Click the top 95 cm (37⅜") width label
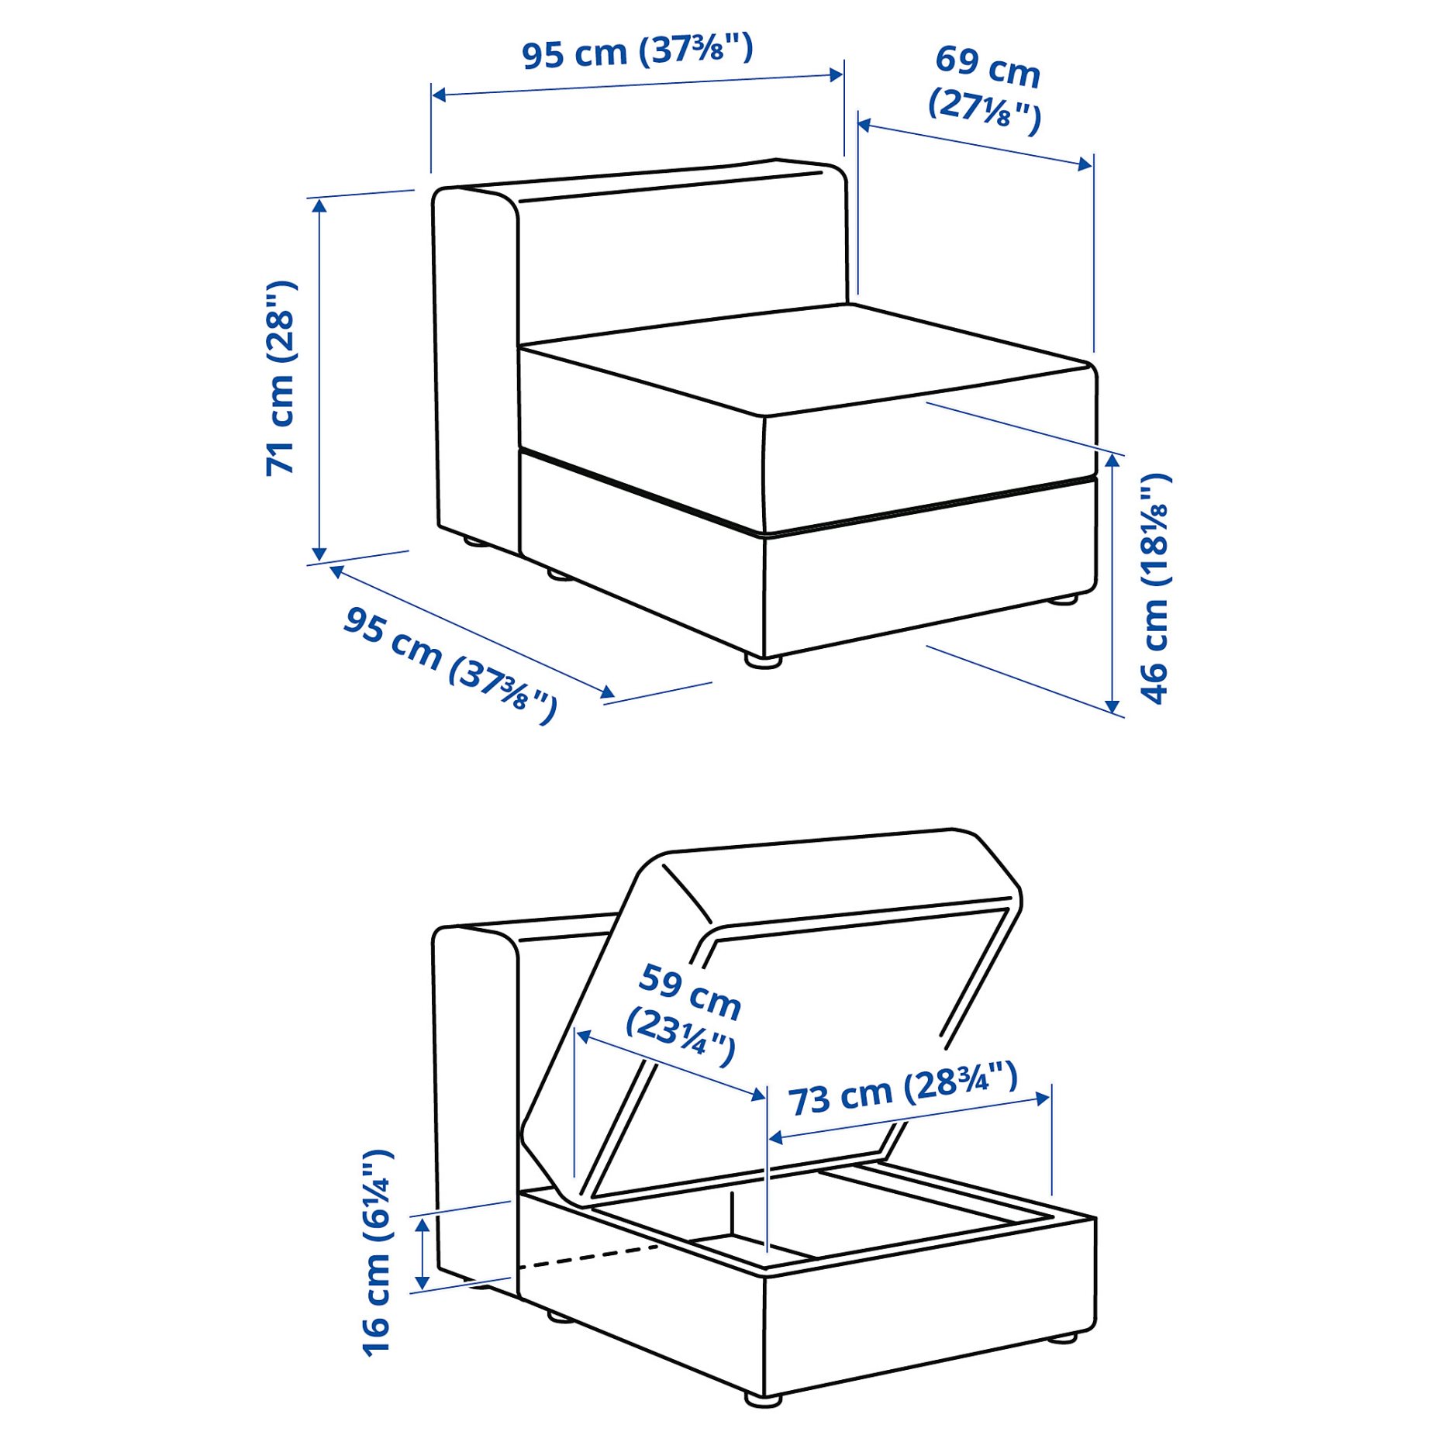pos(636,52)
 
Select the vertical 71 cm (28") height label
pos(281,378)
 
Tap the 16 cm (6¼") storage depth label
pos(378,1253)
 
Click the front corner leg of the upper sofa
pos(763,661)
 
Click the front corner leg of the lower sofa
pos(763,1400)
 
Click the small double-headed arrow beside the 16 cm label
pos(423,1253)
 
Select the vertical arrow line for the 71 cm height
pos(319,378)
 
